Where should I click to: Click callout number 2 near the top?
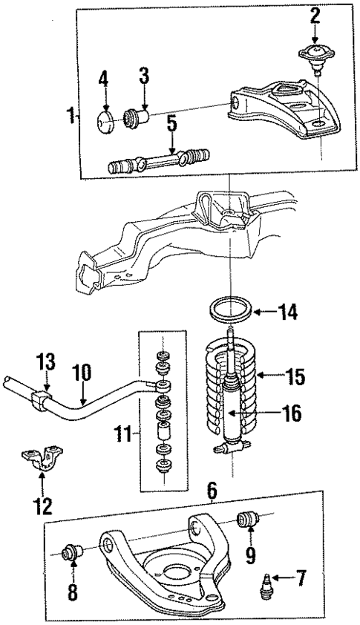click(x=315, y=15)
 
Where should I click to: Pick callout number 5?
click(x=172, y=122)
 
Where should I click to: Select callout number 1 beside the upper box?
click(x=71, y=116)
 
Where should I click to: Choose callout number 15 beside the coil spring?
click(x=295, y=376)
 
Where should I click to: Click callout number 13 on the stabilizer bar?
click(x=46, y=363)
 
